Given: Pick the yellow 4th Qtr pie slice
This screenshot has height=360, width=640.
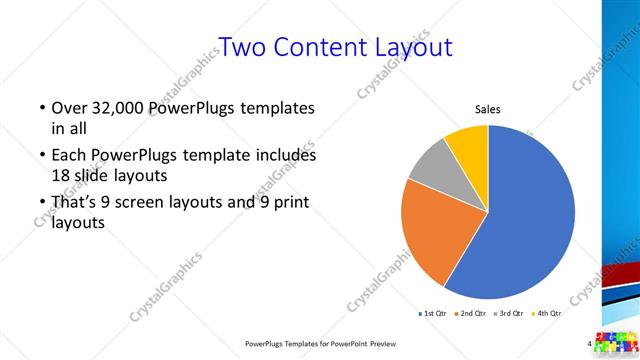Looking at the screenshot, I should click(468, 145).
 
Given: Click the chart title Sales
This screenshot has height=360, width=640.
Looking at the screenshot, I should click(487, 109).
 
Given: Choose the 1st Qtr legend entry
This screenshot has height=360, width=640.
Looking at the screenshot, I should click(432, 314).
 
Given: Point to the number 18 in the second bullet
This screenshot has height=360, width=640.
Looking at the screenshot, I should click(61, 174).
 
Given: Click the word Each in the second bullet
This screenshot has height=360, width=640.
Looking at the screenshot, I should click(70, 156).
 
